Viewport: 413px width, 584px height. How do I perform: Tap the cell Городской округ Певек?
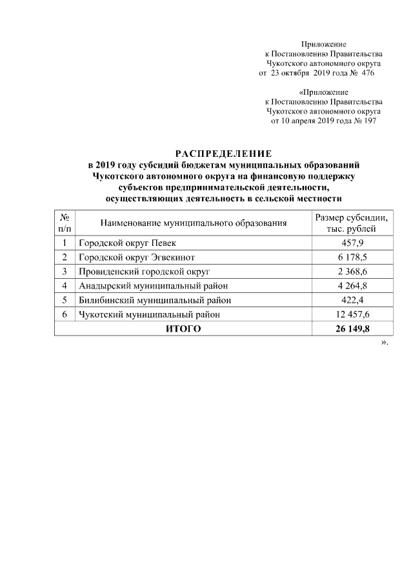tap(127, 243)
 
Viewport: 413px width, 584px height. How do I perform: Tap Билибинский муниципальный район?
tap(155, 300)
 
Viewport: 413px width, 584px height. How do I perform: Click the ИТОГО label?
tap(183, 329)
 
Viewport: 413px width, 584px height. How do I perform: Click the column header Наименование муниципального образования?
tap(194, 223)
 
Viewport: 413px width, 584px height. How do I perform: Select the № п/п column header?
tap(65, 223)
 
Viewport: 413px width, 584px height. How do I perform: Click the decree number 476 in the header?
tap(368, 74)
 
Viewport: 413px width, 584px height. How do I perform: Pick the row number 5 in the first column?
tap(65, 300)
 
